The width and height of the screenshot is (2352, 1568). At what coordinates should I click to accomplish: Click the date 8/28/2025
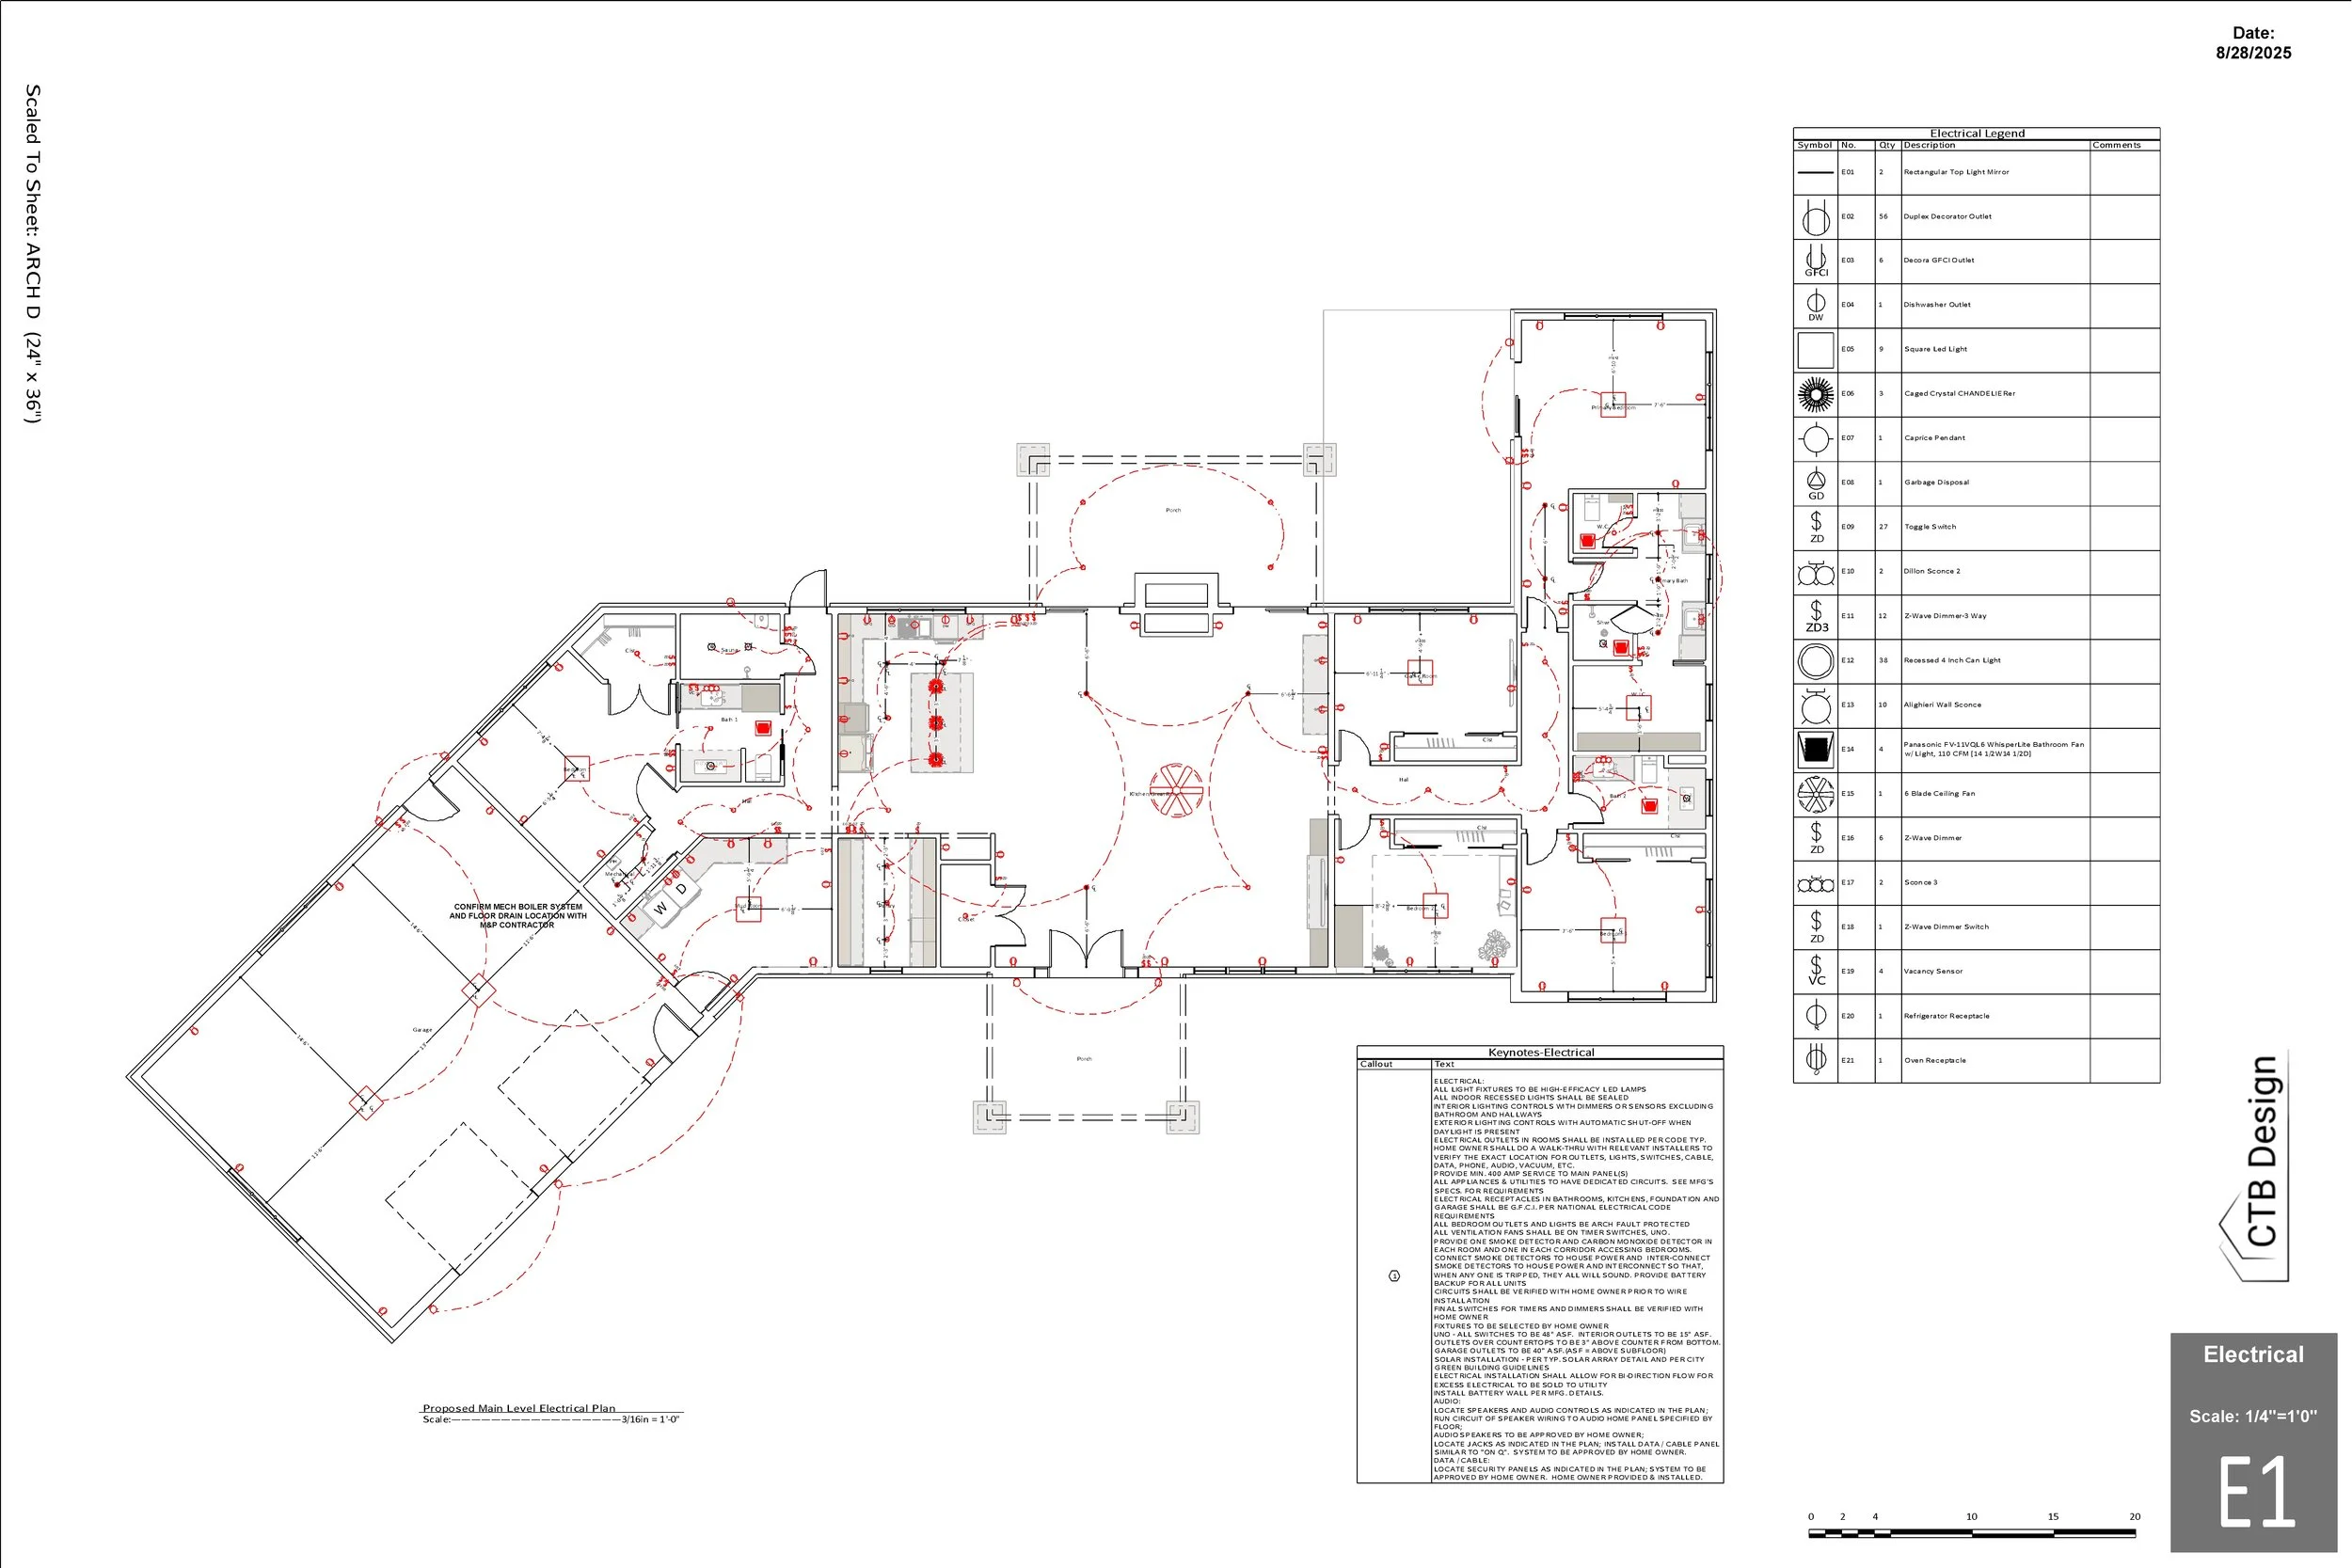tap(2253, 53)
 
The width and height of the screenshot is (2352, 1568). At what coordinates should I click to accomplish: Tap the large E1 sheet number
tap(2256, 1491)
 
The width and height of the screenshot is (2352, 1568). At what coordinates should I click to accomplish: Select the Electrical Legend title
tap(1976, 133)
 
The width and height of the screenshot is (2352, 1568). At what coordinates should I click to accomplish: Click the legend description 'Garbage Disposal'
tap(1936, 482)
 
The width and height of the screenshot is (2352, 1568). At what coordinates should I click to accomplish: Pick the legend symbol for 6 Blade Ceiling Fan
tap(1815, 794)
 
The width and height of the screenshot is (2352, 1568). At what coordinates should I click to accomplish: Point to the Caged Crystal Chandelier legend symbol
tap(1815, 394)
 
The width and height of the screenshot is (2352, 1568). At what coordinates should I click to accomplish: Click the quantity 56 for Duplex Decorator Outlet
tap(1883, 216)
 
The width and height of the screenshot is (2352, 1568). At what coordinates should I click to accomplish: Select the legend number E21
tap(1847, 1060)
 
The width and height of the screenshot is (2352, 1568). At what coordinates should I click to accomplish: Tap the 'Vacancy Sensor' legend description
tap(1932, 971)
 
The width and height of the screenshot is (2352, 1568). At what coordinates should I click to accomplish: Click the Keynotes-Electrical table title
tap(1540, 1052)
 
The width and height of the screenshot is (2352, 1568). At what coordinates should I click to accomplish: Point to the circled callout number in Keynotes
tap(1394, 1276)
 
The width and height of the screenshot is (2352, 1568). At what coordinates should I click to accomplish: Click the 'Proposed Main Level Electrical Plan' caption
tap(518, 1408)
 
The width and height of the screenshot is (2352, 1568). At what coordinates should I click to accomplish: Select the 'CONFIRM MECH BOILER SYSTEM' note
tap(517, 907)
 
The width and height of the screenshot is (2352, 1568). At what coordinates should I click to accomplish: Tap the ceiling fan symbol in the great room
tap(1176, 790)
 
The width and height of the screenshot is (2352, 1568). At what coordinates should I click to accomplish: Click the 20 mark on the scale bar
tap(2134, 1517)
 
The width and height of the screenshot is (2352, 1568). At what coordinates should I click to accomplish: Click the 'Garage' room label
tap(422, 1029)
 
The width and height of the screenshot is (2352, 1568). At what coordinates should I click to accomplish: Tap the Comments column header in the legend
tap(2116, 145)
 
